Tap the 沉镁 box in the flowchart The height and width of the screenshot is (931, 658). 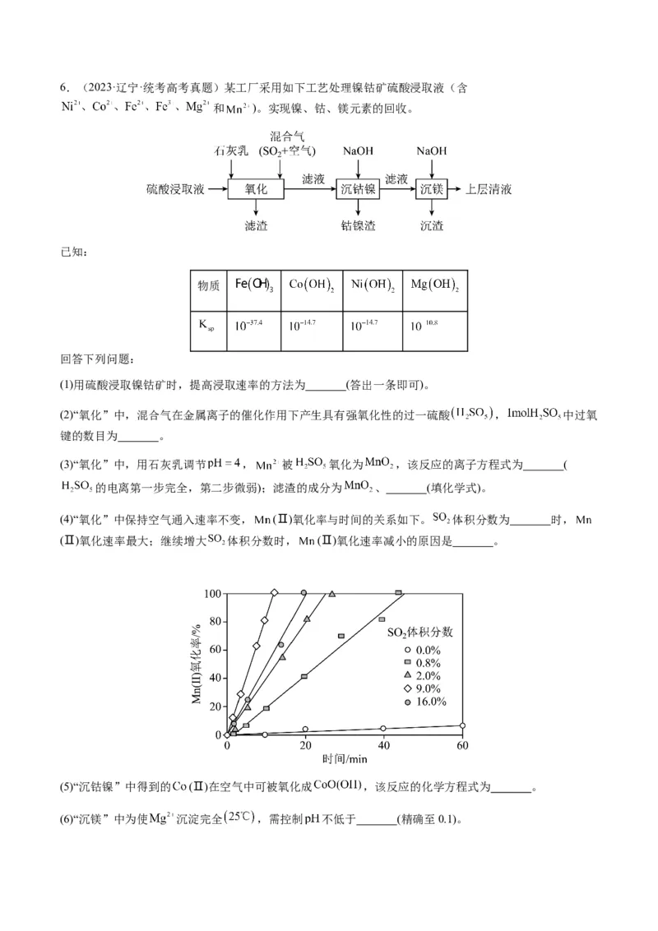point(432,189)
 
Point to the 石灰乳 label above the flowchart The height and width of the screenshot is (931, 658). point(230,151)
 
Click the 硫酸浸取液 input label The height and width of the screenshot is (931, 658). point(175,189)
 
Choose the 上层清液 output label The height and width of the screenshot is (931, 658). point(489,189)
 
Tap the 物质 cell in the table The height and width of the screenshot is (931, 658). point(209,285)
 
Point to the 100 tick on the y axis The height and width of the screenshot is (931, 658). point(212,593)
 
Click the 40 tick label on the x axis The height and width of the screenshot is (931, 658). point(383,746)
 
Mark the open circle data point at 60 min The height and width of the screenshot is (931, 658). point(462,725)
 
